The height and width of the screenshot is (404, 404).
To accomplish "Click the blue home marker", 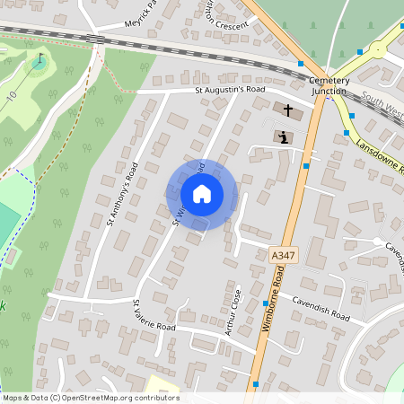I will tap(201, 193).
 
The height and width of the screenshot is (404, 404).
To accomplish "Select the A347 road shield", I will tap(283, 256).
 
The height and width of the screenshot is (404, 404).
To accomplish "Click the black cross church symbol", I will tap(288, 111).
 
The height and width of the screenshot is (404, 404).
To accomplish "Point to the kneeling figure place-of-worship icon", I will tap(284, 137).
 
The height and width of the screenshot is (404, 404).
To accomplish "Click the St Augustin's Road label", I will tap(231, 91).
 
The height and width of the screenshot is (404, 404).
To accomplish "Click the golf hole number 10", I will tap(12, 94).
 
